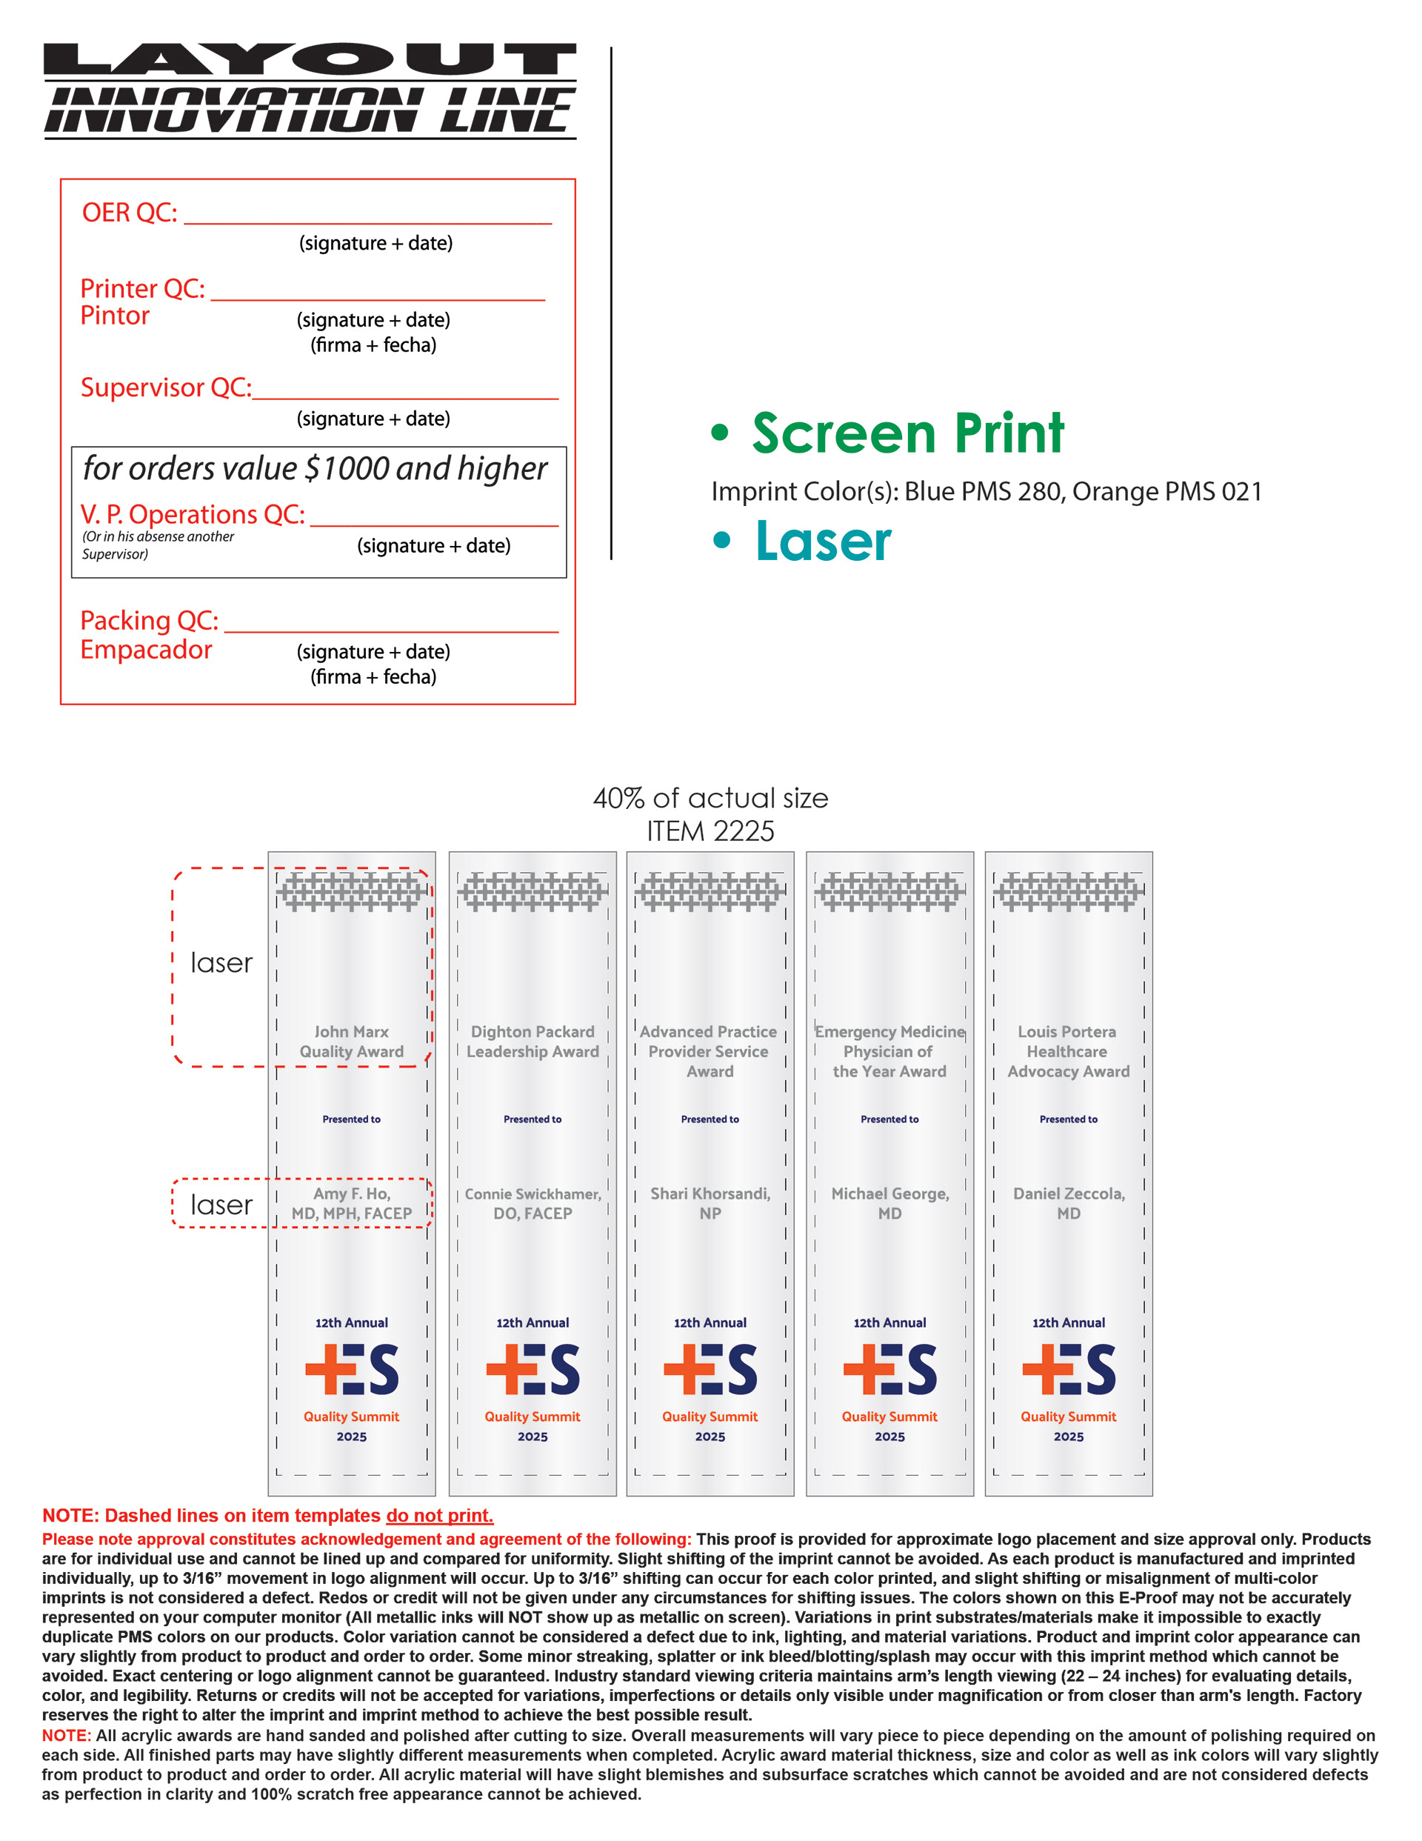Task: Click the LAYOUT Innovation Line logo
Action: click(310, 90)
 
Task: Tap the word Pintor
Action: click(115, 316)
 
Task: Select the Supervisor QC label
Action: click(165, 387)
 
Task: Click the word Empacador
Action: click(146, 650)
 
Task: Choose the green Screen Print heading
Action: click(907, 433)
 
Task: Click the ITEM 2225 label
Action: click(710, 832)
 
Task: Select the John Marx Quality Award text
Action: click(352, 1042)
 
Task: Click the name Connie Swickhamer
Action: click(532, 1194)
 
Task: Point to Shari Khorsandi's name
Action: click(710, 1194)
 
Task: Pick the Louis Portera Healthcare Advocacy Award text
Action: click(1068, 1052)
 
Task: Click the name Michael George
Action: click(889, 1194)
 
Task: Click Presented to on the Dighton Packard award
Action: click(532, 1119)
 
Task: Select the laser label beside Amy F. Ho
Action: click(221, 1205)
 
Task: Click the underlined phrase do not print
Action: click(439, 1516)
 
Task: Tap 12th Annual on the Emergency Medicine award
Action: click(889, 1322)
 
